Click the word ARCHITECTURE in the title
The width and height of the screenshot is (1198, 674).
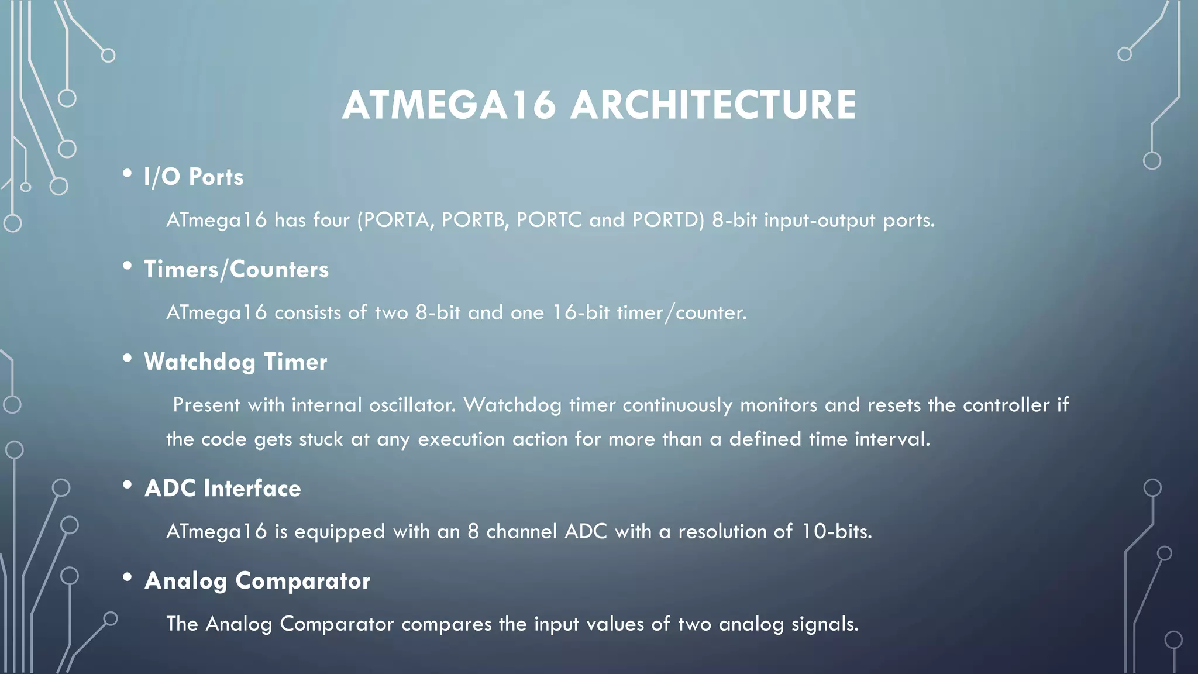(x=713, y=105)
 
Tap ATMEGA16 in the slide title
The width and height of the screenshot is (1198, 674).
(x=449, y=105)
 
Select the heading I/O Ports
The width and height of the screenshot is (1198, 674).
(x=194, y=177)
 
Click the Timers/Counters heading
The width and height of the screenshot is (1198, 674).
(x=236, y=269)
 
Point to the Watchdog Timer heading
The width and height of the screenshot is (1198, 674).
(x=236, y=362)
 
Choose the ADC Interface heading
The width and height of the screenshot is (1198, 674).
(x=223, y=488)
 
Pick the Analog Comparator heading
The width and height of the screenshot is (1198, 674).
(x=257, y=580)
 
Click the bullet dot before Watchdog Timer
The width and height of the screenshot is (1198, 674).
(x=127, y=359)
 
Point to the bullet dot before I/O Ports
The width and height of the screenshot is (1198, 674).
(x=127, y=174)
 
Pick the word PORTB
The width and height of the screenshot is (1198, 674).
(x=475, y=220)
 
